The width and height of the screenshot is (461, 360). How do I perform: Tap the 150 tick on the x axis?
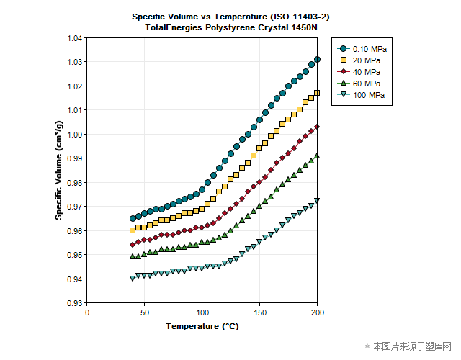coord(260,312)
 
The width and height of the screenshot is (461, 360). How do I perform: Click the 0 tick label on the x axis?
coord(87,312)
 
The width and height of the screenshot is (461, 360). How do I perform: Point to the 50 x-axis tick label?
coord(145,312)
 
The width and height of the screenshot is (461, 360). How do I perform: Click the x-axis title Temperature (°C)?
coord(202,326)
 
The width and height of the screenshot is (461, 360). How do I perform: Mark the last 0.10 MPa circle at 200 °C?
coord(318,59)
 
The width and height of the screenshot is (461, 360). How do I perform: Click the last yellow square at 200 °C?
coord(318,93)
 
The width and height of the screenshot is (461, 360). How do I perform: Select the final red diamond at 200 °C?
coord(318,126)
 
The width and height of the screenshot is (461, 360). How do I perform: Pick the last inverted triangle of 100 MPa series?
coord(318,201)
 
